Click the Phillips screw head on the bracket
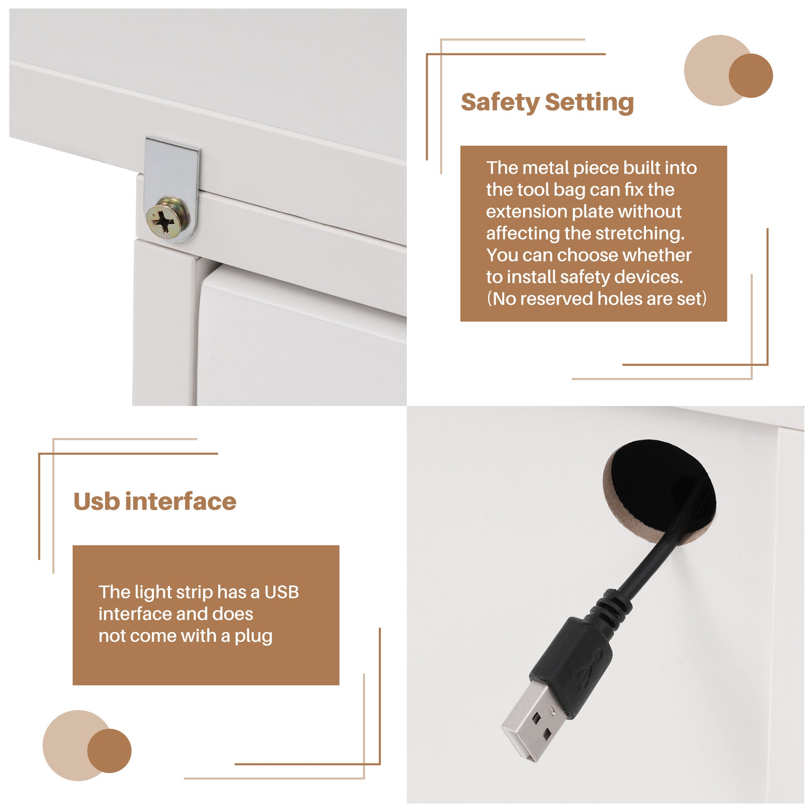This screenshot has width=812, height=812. point(167,218)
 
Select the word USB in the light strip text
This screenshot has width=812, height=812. point(282,593)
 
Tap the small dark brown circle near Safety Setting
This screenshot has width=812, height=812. point(751,76)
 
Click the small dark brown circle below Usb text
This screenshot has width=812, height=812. point(109,751)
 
